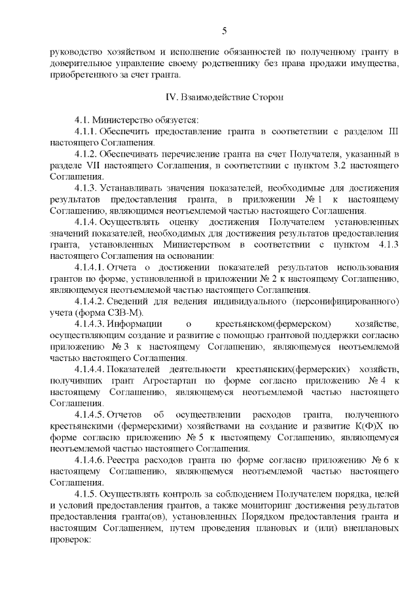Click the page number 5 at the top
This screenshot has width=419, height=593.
click(x=225, y=31)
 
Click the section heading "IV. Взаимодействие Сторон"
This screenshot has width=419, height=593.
click(x=225, y=97)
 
